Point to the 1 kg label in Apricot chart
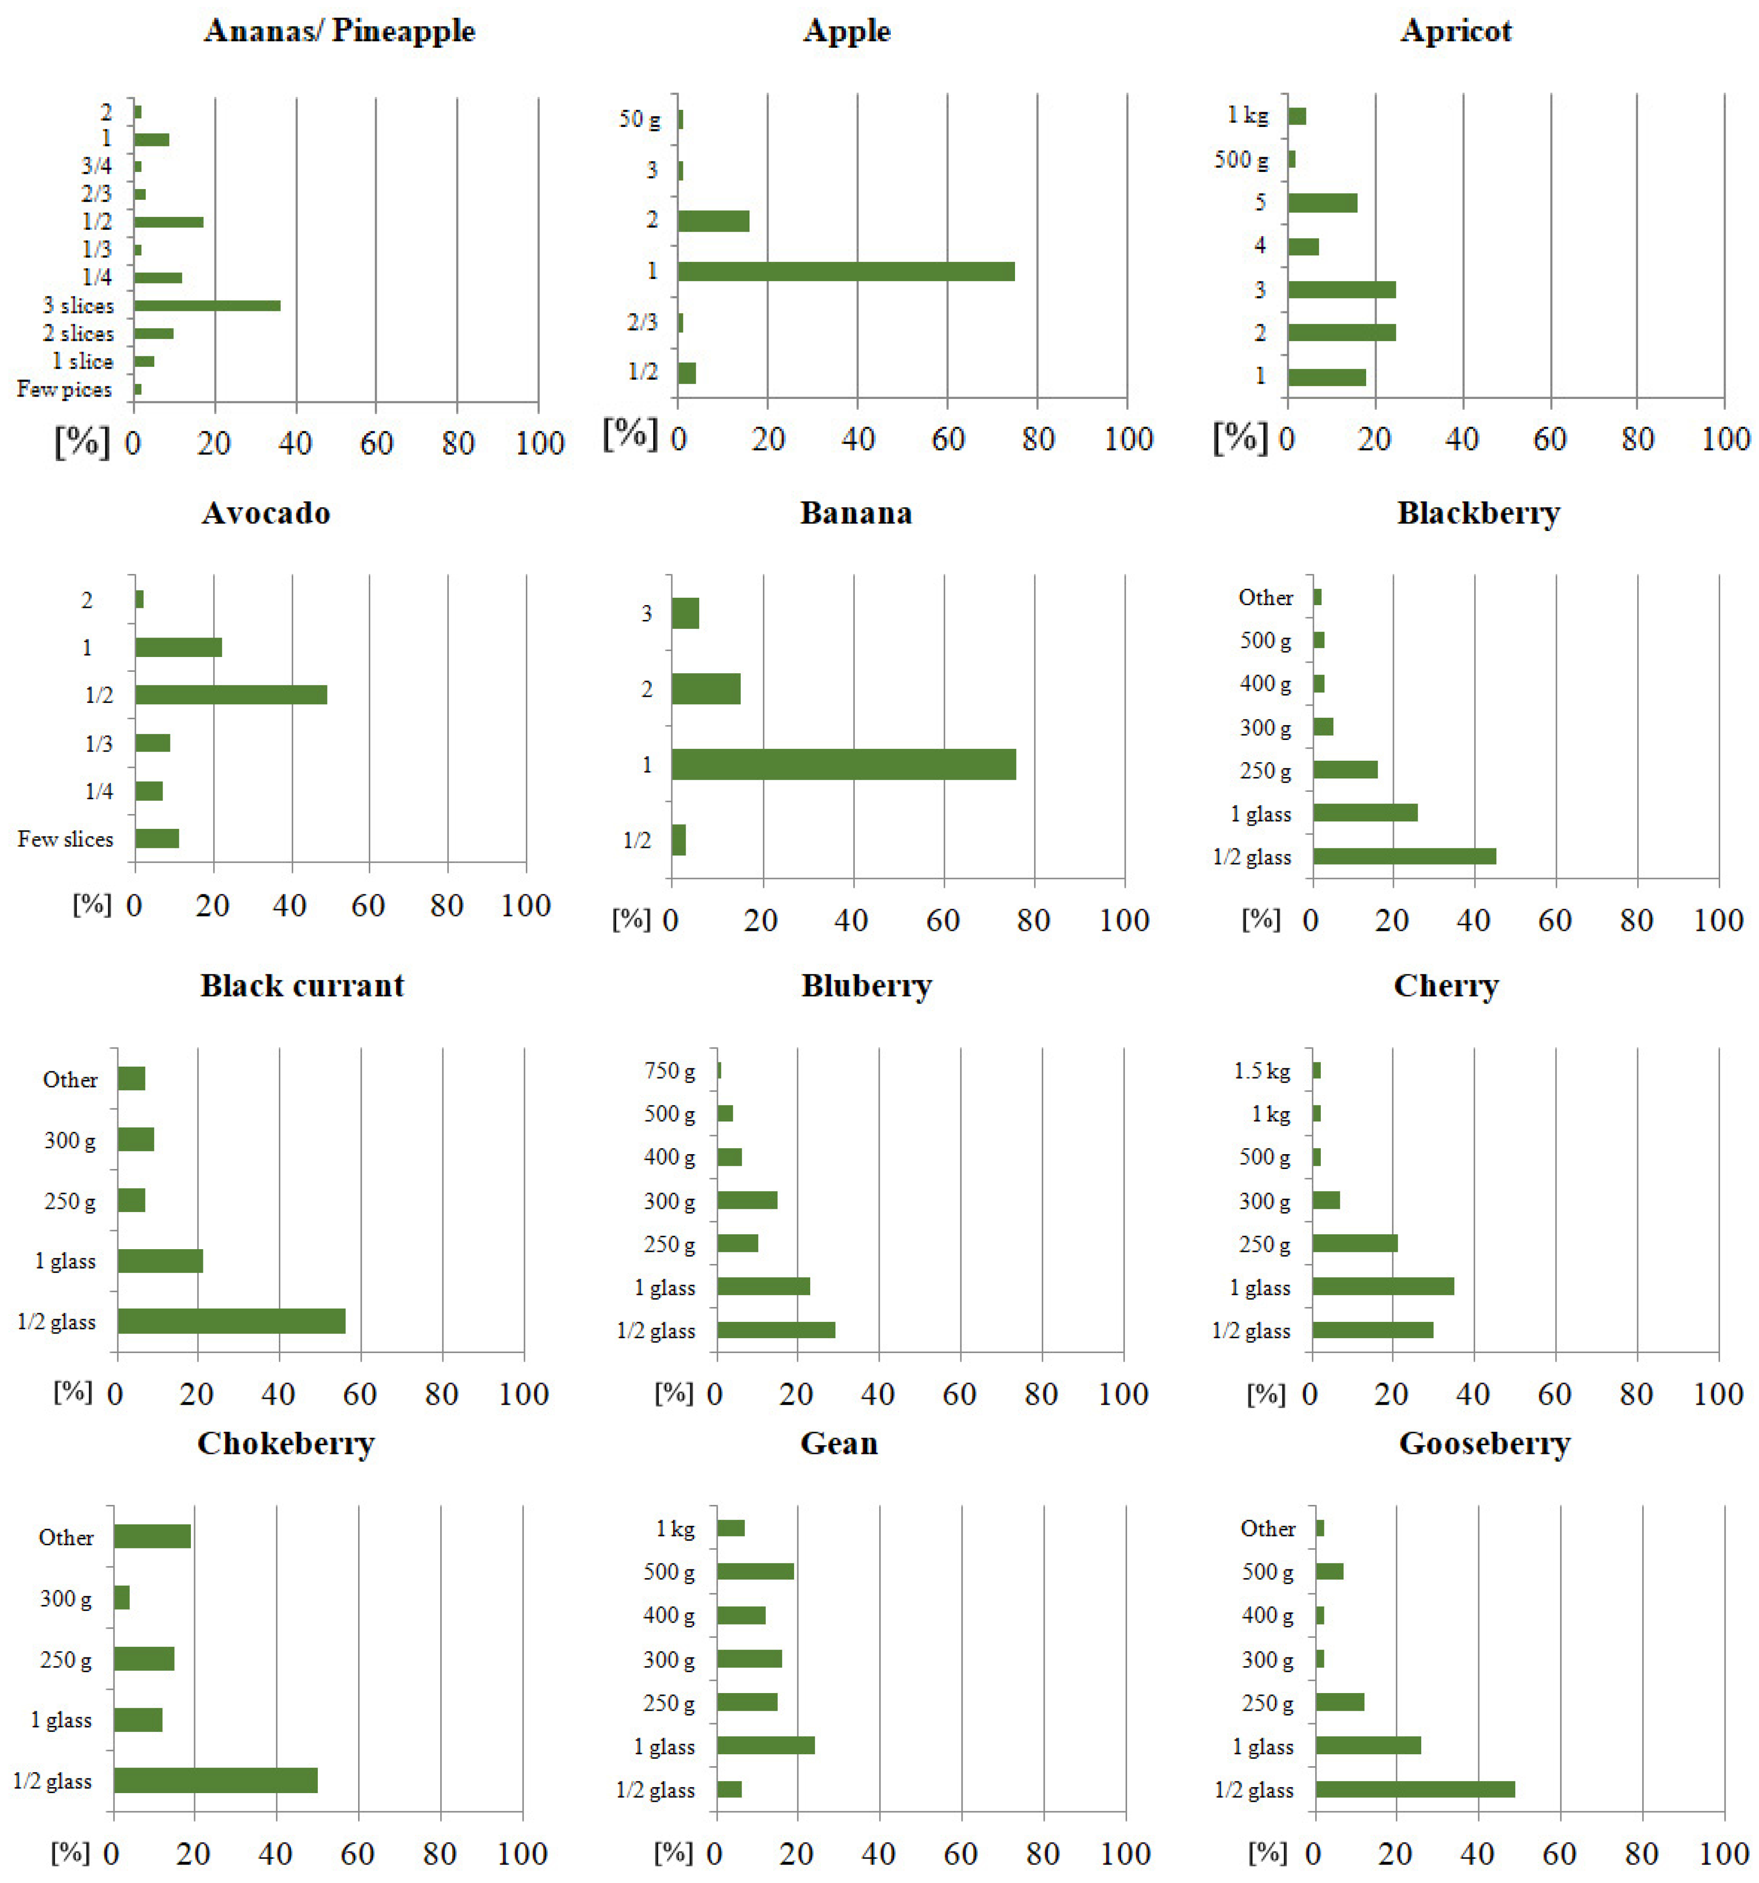pyautogui.click(x=1247, y=115)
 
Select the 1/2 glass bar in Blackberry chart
pyautogui.click(x=1404, y=856)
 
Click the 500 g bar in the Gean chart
pyautogui.click(x=755, y=1571)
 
